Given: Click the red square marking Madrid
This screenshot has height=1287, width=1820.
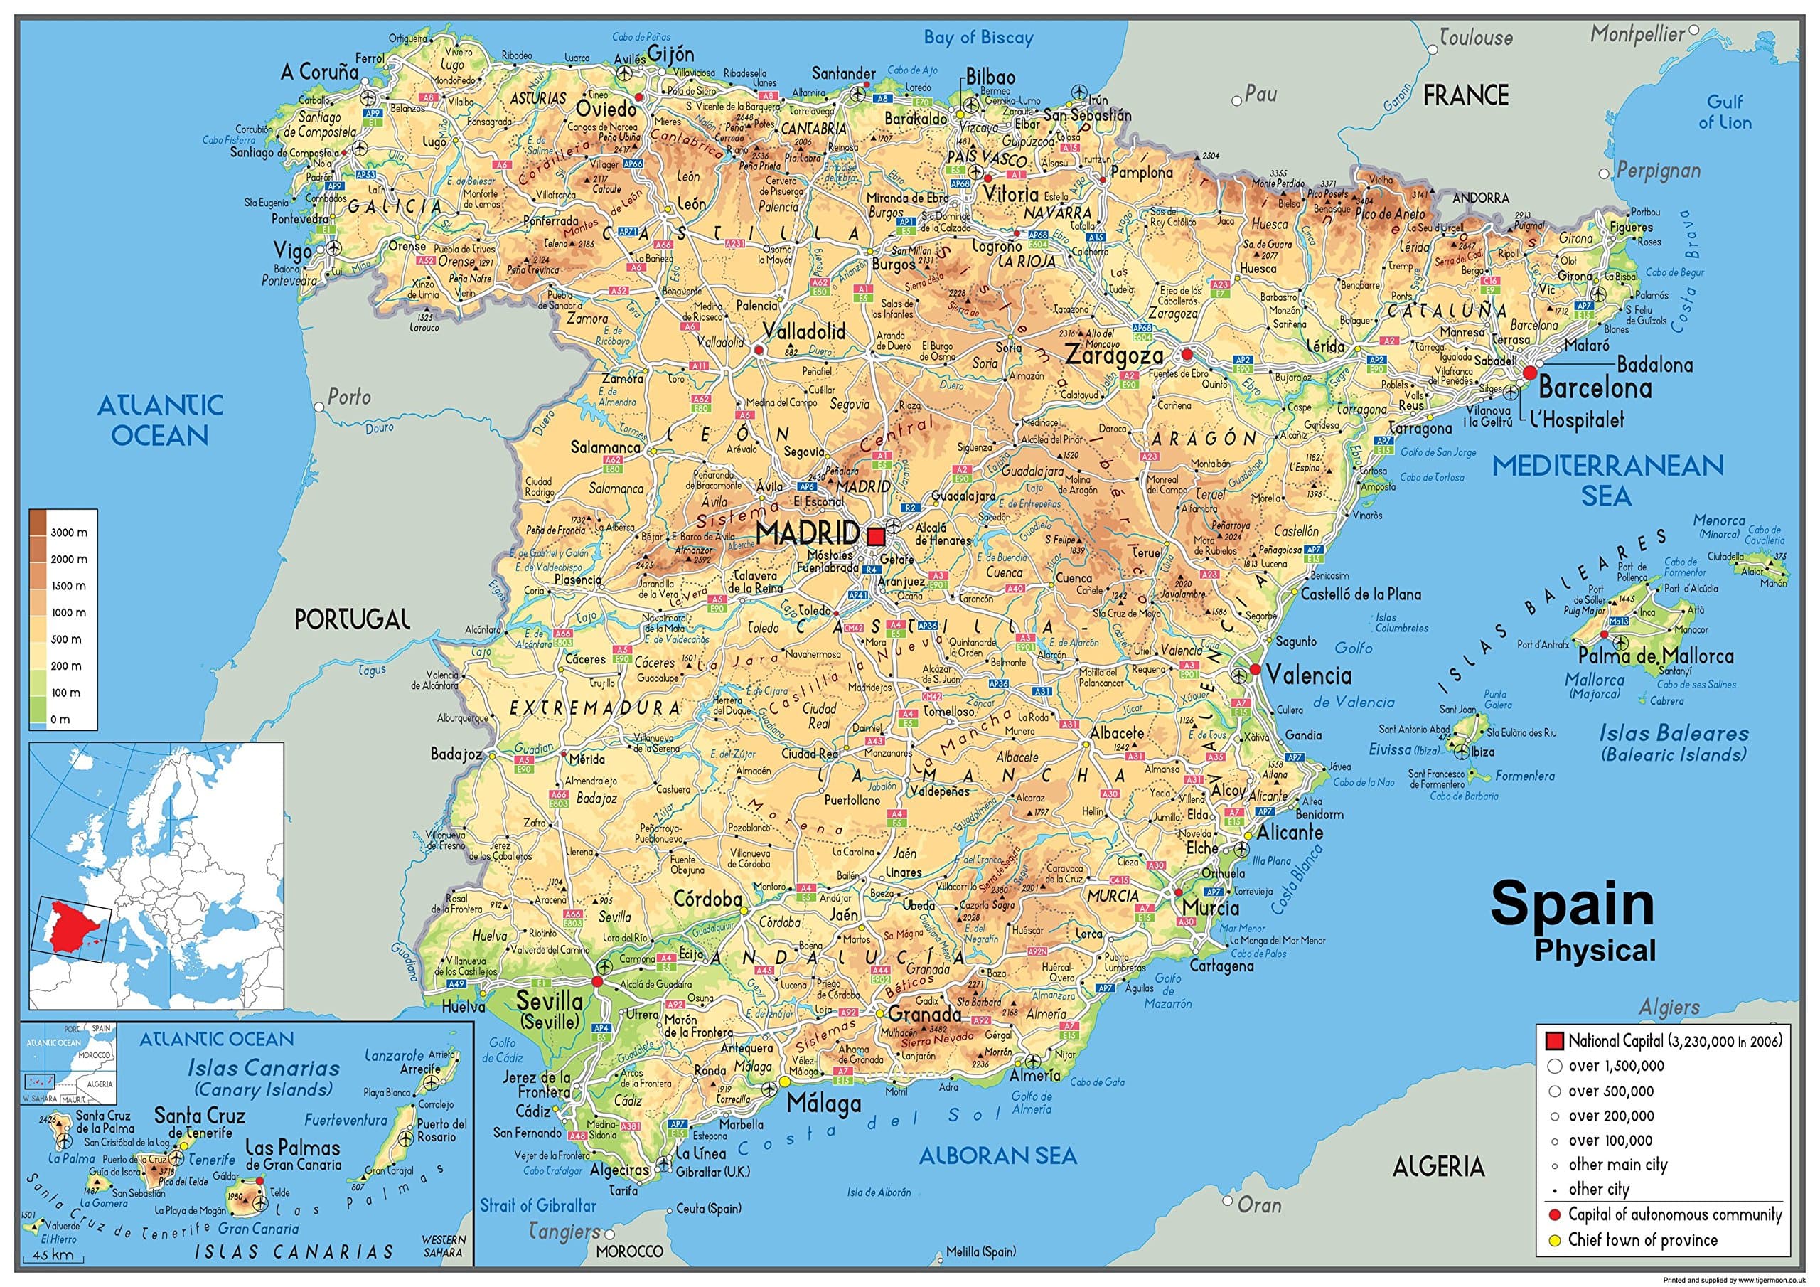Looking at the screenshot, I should click(875, 537).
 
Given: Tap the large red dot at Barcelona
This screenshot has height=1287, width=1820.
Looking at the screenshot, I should click(1530, 372).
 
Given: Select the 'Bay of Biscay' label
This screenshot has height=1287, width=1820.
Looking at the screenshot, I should click(978, 36).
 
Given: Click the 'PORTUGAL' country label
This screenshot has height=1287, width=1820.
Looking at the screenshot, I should click(352, 619).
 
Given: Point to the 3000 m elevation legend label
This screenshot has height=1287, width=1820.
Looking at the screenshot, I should click(68, 532).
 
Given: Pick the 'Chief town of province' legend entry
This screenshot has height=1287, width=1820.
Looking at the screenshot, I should click(1642, 1239).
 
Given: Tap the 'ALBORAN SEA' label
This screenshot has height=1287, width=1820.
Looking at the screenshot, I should click(997, 1156).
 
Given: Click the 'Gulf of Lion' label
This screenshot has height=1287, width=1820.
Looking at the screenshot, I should click(1725, 112).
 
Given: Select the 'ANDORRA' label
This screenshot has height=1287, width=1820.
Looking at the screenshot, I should click(1480, 198).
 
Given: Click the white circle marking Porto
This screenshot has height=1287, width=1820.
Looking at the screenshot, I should click(318, 407).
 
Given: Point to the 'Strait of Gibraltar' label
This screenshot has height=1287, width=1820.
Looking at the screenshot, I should click(537, 1205).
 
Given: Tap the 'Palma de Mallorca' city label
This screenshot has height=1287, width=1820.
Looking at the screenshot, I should click(1655, 656).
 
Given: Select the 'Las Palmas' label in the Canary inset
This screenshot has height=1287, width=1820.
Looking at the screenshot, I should click(292, 1148).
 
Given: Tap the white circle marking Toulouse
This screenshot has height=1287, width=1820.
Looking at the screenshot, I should click(1433, 49).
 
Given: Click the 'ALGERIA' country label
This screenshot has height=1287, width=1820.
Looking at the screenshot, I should click(1438, 1165).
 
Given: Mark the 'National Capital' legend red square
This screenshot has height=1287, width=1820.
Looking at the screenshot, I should click(1553, 1040).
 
